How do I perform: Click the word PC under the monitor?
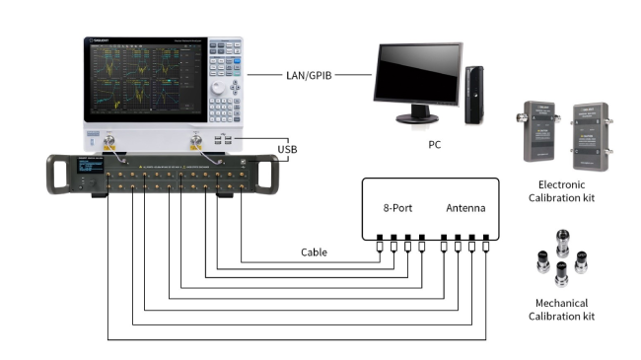tap(435, 144)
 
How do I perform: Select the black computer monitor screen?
tap(415, 74)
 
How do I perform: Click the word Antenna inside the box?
tap(465, 208)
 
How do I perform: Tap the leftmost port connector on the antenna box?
tap(380, 239)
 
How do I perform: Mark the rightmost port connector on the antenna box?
tap(487, 239)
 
